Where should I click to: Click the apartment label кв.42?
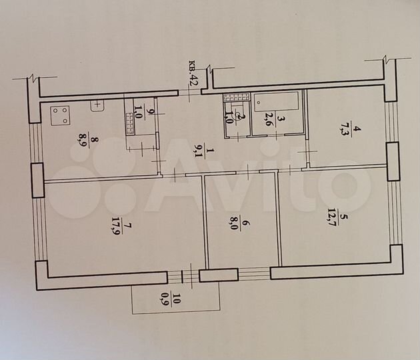coord(193,73)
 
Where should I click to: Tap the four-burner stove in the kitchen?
coord(60,116)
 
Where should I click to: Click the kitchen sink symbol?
coord(99,104)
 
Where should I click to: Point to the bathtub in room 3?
coord(277,103)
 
